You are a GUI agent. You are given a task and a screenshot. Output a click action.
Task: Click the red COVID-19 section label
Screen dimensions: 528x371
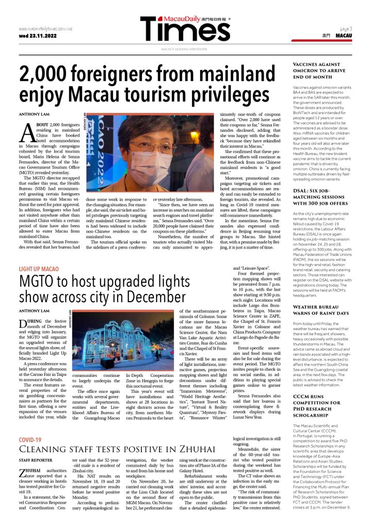coord(30,440)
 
